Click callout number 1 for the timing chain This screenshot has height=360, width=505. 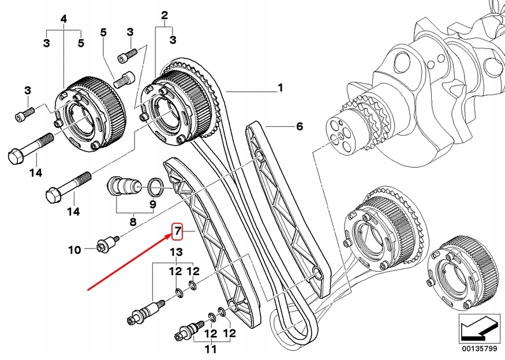[280, 88]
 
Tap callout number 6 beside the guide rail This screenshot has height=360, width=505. [299, 126]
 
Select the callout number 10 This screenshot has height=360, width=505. [74, 250]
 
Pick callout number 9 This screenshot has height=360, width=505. [153, 204]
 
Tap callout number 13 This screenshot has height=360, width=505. [175, 252]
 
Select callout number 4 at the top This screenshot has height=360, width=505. [64, 19]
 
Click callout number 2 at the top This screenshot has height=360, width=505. [164, 14]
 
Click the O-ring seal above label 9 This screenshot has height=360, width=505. [154, 186]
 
